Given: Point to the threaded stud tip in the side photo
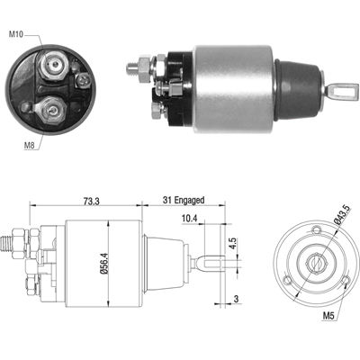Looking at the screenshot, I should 133,67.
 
